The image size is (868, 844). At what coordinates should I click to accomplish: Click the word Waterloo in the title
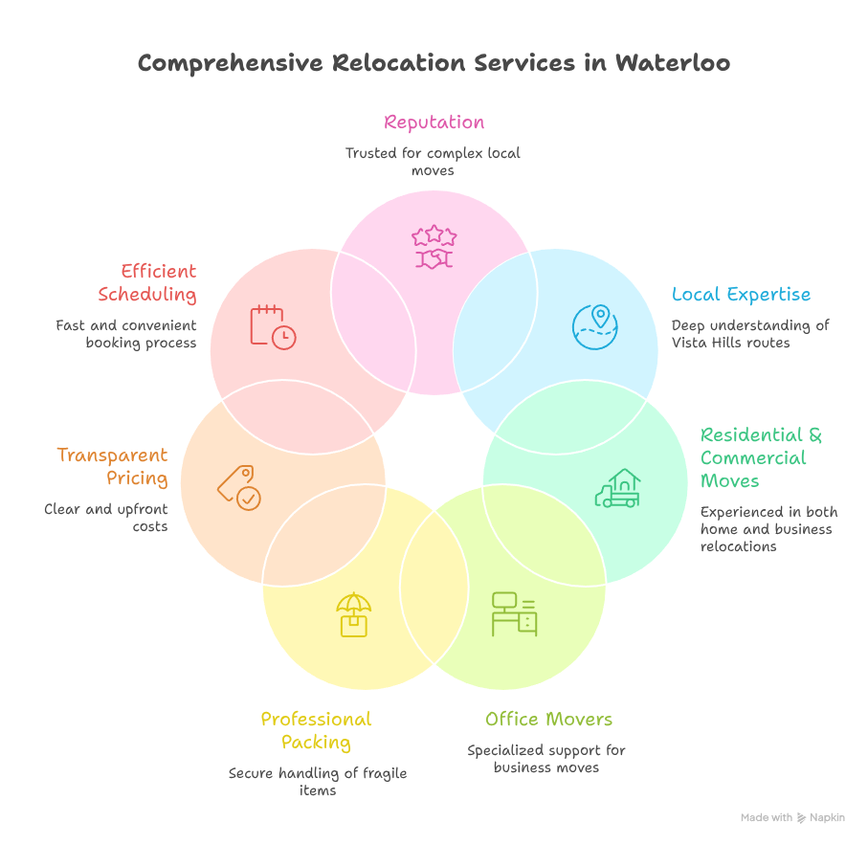click(672, 63)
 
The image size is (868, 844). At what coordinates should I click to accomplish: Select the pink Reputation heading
click(434, 122)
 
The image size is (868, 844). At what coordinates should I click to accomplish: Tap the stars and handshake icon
click(434, 247)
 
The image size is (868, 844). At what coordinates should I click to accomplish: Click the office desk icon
click(514, 613)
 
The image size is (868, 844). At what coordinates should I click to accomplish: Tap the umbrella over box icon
click(353, 613)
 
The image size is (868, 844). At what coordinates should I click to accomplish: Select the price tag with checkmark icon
click(238, 487)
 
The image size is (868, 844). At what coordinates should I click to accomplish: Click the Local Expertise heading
click(741, 294)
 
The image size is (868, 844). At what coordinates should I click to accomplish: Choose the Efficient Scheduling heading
click(147, 282)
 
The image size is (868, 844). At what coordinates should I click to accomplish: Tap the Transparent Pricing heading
click(112, 466)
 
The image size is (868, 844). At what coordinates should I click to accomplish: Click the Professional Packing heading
click(316, 730)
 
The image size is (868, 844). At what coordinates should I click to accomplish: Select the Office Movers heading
click(548, 719)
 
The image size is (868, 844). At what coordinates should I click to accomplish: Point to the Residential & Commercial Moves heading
click(761, 457)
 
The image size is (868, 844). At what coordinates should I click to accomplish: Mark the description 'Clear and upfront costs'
click(106, 518)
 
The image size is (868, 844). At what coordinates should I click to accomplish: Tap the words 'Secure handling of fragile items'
click(318, 782)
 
